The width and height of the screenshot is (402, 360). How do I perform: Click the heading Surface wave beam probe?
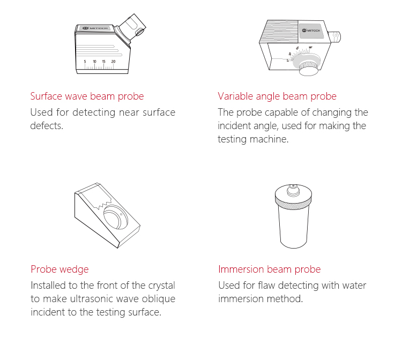point(87,96)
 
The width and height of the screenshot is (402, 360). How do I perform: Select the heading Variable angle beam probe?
point(277,96)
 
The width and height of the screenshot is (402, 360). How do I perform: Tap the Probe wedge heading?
point(59,269)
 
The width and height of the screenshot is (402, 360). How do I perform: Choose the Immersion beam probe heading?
point(270,269)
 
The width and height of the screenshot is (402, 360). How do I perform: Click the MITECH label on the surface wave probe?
point(95,28)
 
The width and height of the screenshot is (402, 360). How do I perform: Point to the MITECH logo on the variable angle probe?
point(311,31)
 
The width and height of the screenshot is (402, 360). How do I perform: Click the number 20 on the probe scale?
point(113,62)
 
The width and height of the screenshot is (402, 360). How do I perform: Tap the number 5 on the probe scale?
point(85,62)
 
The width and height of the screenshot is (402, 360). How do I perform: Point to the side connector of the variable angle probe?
point(334,36)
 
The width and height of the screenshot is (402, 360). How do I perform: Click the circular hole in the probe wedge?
point(116,217)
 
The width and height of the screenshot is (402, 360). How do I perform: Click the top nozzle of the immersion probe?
point(293,189)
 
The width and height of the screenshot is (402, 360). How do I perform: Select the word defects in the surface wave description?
point(47,126)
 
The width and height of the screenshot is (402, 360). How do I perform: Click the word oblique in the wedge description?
point(159,299)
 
